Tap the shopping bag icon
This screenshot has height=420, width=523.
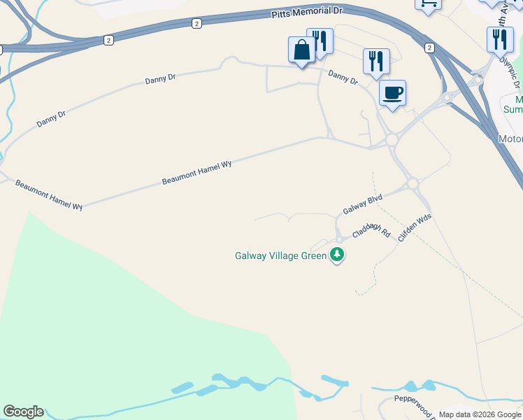301,50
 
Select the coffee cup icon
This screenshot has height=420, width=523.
392,93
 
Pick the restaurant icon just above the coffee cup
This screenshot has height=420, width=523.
375,62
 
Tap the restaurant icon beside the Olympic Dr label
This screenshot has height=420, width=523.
500,40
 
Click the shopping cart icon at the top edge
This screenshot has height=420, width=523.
428,4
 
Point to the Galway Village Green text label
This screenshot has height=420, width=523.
280,255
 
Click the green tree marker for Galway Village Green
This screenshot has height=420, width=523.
338,254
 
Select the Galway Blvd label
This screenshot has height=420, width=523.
362,205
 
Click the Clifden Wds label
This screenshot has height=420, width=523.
414,228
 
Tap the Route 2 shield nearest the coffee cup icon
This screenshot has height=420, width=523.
429,47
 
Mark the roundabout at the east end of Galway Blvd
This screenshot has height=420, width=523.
413,183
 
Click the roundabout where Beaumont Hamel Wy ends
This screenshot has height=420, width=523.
392,140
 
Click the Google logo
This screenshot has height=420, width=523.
22,412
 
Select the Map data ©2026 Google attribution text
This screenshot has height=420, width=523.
480,414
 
